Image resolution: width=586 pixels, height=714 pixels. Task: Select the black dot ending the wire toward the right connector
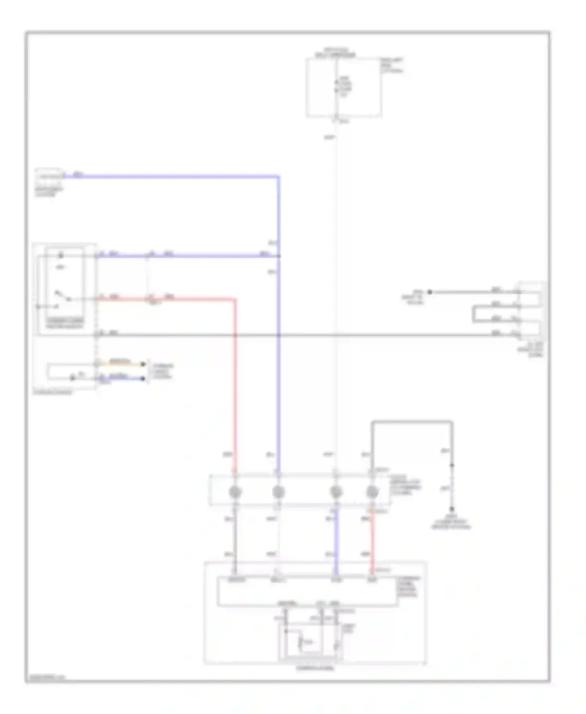point(429,292)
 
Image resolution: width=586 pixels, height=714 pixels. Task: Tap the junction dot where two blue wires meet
point(279,256)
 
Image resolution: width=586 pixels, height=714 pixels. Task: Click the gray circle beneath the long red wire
point(235,492)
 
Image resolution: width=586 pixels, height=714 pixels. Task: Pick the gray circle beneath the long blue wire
point(278,492)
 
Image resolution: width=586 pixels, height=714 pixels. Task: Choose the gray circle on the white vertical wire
point(336,492)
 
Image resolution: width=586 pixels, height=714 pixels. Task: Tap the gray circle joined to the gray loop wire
point(372,492)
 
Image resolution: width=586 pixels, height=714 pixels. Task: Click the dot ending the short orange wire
point(143,364)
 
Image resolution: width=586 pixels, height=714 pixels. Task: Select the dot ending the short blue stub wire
point(143,378)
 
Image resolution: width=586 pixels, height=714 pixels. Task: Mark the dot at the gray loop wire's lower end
point(452,509)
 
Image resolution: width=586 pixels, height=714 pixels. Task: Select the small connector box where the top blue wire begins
point(48,175)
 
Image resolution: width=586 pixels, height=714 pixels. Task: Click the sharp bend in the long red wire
point(235,300)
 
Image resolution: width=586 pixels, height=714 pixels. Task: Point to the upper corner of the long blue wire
point(279,177)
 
